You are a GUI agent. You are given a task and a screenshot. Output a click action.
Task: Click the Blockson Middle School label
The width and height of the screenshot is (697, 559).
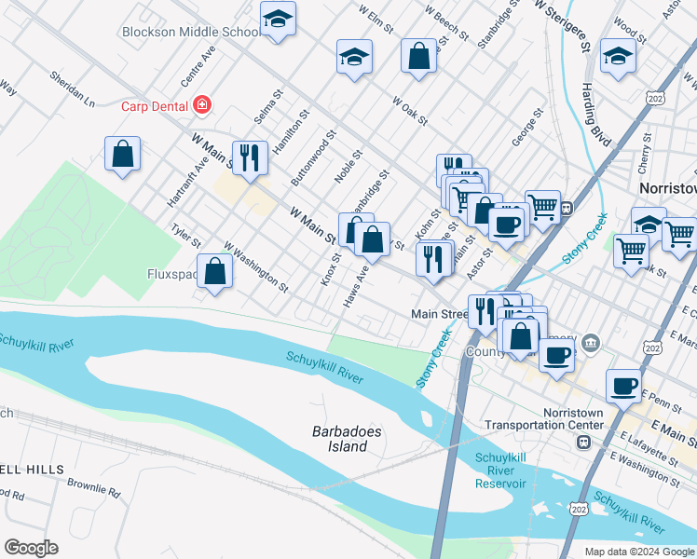tap(191, 32)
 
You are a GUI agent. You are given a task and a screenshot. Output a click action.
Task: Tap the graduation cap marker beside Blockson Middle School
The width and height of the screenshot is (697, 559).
tap(278, 20)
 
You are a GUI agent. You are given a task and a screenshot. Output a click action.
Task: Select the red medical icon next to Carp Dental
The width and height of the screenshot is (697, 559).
tap(202, 105)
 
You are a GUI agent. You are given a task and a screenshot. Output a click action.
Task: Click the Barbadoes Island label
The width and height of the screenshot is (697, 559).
tap(339, 439)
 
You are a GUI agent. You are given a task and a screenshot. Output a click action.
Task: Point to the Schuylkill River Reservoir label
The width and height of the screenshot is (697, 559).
tap(500, 470)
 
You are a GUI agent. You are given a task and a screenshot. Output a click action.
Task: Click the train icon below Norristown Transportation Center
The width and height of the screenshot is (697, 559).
tap(584, 442)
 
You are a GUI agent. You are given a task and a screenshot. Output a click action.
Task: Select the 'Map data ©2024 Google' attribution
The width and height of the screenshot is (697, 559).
tap(638, 552)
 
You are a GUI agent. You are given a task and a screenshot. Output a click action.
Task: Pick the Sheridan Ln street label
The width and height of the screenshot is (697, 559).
tap(72, 88)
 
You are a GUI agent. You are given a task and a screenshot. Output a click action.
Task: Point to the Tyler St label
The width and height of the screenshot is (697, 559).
tap(185, 235)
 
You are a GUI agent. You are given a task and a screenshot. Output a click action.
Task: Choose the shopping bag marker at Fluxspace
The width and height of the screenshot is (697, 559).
tap(215, 272)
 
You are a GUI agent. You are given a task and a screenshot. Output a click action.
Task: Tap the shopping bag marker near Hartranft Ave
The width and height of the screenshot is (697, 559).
tap(123, 154)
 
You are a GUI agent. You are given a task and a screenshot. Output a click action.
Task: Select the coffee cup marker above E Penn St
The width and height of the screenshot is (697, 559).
tap(623, 385)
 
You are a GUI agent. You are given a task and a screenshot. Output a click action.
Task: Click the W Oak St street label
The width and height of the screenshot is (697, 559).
tap(409, 111)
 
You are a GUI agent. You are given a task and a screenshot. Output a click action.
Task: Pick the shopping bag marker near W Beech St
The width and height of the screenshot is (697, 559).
tap(418, 55)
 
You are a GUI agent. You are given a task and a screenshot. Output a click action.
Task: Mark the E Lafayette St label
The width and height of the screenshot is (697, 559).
tap(648, 446)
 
